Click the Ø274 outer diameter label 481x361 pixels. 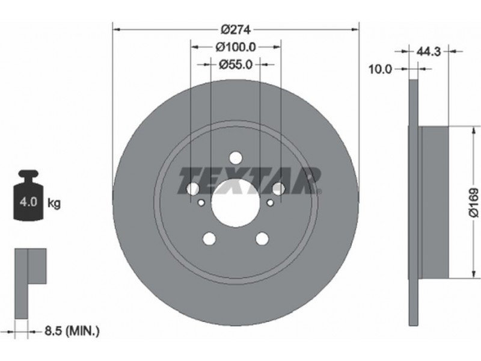236,29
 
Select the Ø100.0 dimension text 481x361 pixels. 235,47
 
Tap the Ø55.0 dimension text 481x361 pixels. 235,64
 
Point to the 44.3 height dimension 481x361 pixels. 428,52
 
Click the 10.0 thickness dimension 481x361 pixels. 380,69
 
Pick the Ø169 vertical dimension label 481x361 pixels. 474,203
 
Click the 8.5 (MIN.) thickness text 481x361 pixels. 72,331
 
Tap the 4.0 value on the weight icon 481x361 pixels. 28,202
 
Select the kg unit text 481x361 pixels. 54,203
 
